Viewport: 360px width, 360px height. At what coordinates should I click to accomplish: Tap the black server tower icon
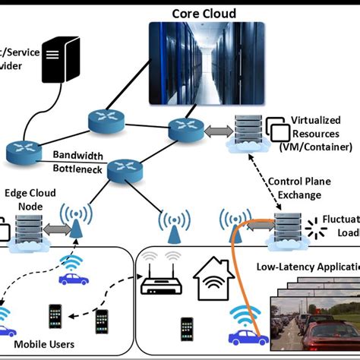(x=63, y=62)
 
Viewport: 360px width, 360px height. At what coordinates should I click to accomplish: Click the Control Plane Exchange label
(x=298, y=188)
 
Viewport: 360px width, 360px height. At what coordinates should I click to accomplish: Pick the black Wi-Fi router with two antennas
(x=161, y=282)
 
